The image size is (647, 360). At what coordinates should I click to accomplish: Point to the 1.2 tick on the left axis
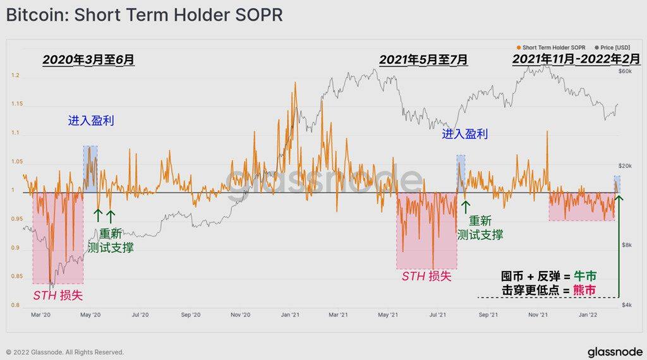16,76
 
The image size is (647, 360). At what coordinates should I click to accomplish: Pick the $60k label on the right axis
624,72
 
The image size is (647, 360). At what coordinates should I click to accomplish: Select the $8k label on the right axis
625,244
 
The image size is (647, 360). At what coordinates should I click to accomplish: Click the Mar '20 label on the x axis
40,314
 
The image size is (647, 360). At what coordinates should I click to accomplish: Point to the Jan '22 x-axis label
588,314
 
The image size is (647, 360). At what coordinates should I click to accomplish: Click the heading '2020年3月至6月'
88,60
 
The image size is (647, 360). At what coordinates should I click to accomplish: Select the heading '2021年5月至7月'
423,60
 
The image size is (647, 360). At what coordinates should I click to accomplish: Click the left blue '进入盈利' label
91,121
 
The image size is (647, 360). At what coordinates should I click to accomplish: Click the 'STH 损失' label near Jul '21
426,276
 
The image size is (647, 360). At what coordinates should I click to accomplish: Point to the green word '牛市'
584,277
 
